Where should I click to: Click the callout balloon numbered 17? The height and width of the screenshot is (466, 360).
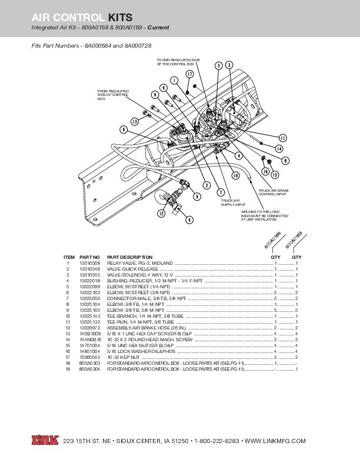[x=189, y=74]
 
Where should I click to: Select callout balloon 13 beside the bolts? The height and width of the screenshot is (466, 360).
[x=135, y=121]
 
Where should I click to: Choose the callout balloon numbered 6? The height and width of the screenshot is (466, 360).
[x=189, y=219]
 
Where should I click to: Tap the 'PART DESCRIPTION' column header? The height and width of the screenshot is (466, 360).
[x=129, y=257]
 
